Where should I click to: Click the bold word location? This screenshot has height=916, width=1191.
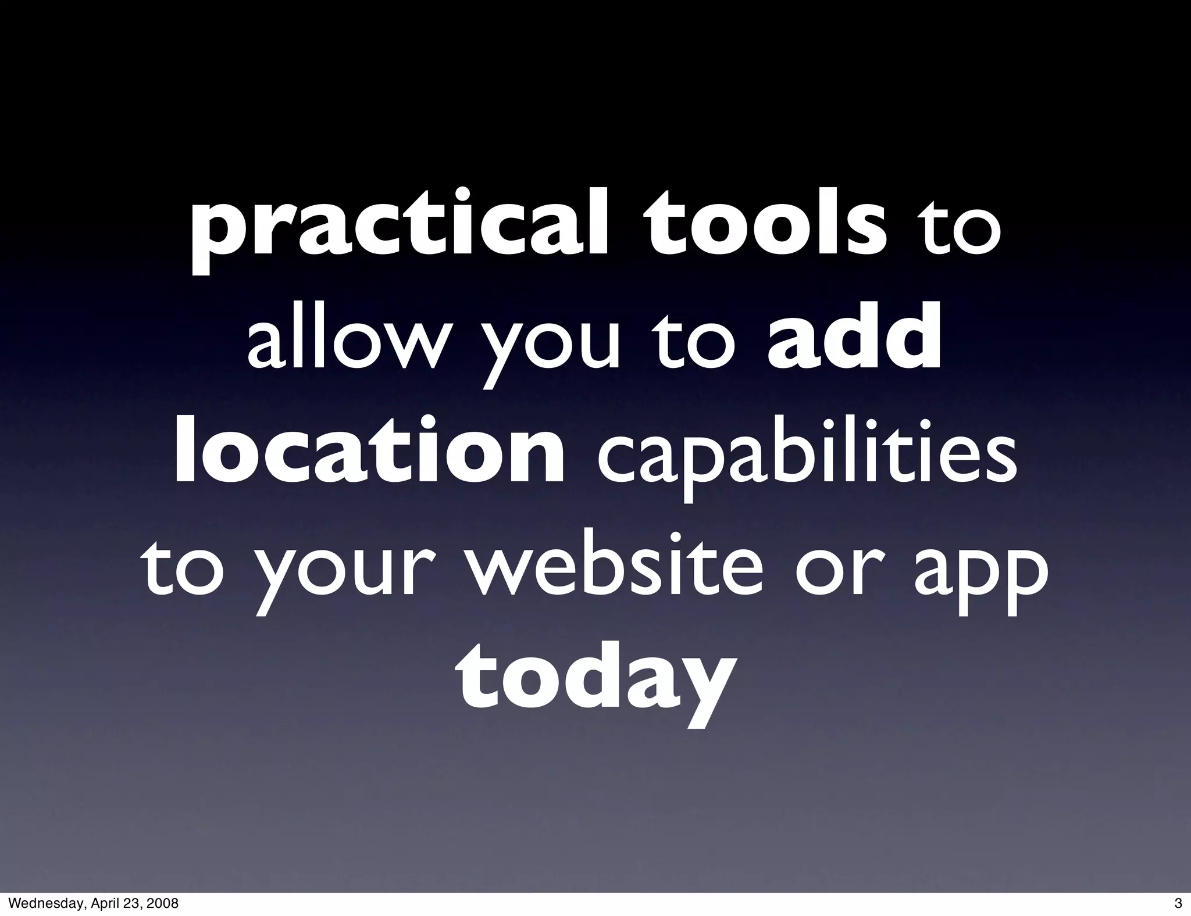point(369,453)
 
